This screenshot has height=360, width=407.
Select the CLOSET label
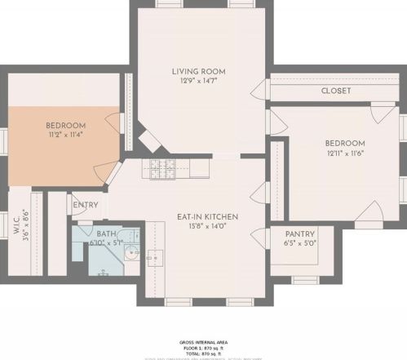coord(335,91)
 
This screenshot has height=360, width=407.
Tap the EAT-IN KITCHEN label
coord(207,216)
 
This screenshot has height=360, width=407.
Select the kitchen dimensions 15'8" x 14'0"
coord(207,226)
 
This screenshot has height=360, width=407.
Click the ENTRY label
coord(86,205)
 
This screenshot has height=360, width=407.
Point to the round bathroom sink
coord(133,253)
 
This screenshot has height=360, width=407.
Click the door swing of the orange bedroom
coord(104,173)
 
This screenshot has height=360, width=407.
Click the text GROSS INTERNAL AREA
coord(202,342)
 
